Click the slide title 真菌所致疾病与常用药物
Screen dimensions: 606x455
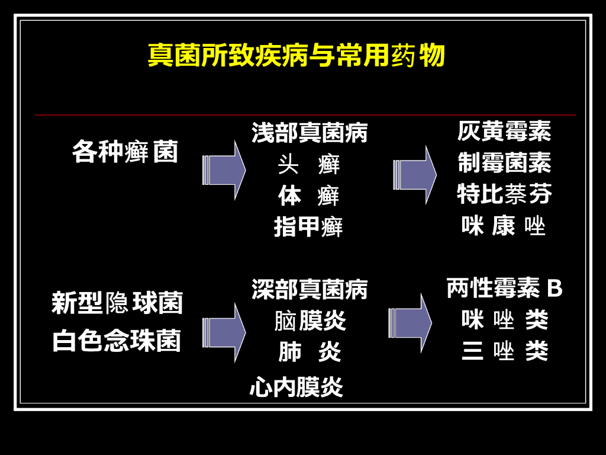coord(296,56)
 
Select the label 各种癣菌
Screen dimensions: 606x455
coord(125,152)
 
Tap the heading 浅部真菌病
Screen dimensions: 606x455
coord(310,132)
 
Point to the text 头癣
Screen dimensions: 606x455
coord(309,164)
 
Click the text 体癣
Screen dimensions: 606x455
coord(309,196)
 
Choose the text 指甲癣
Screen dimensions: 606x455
coord(308,227)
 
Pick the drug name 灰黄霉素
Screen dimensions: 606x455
coord(504,131)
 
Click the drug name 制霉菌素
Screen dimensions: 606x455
coord(504,162)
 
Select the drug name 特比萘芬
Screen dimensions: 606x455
coord(504,194)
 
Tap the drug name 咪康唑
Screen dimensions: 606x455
coord(504,226)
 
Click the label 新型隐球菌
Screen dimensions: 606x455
coord(117,303)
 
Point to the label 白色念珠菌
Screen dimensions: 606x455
coord(117,342)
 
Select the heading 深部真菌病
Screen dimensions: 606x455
coord(310,289)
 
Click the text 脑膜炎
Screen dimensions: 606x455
coord(310,321)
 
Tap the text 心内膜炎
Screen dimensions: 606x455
coord(296,387)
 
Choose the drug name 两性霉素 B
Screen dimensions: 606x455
coord(504,289)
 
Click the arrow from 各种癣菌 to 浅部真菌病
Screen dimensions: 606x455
coord(224,171)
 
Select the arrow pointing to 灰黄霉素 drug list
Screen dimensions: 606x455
coord(414,175)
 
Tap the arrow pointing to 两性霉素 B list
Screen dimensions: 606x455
coord(410,323)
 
